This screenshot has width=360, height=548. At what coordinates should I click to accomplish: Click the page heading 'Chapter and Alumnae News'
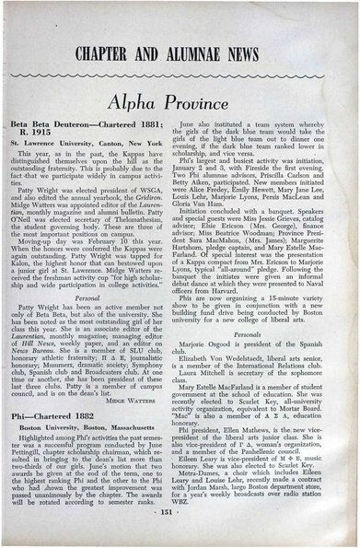point(179,49)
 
